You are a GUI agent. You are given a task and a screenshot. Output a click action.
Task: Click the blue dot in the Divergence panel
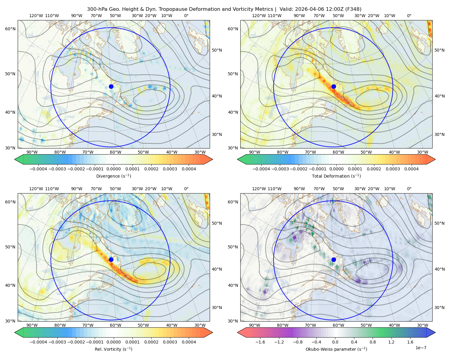[111, 87]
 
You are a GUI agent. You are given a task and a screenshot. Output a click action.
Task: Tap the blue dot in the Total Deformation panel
[334, 87]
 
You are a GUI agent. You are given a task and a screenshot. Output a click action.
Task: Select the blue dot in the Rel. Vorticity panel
[111, 259]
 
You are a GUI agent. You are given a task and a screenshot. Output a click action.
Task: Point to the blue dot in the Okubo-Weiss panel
[334, 259]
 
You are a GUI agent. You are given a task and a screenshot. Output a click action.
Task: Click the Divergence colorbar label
[113, 176]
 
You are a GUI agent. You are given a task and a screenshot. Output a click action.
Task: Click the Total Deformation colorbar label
[336, 176]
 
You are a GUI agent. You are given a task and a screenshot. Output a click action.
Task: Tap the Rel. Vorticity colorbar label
[113, 349]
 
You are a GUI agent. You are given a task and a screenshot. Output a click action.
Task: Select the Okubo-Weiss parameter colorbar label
[336, 349]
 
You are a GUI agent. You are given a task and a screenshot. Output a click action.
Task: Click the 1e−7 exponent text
[421, 348]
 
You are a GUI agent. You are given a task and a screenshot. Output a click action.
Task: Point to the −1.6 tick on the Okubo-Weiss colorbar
[260, 342]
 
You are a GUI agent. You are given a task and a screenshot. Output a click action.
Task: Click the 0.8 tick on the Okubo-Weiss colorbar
[373, 342]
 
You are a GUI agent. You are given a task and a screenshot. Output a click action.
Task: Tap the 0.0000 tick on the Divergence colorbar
[113, 169]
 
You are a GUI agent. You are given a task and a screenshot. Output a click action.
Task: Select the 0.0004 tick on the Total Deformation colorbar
[411, 169]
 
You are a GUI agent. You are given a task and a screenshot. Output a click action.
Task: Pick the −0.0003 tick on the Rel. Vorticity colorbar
[57, 342]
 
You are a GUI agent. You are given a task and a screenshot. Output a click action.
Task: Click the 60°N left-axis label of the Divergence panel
[10, 29]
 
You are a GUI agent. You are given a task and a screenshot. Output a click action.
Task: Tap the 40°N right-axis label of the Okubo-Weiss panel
[439, 269]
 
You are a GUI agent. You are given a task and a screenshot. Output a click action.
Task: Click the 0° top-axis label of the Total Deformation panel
[409, 16]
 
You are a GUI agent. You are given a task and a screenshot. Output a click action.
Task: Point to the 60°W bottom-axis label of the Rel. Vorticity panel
[115, 325]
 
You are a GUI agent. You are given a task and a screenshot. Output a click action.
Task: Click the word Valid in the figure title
[285, 9]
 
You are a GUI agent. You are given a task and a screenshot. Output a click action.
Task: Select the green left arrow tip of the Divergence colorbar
[15, 160]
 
